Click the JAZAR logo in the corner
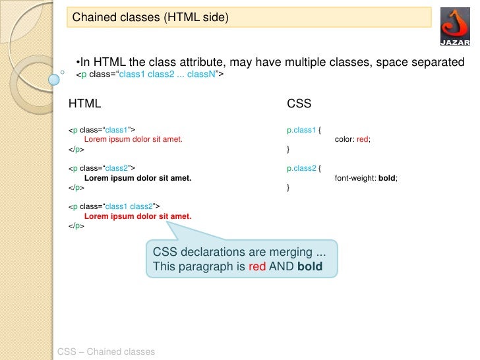[x=455, y=27]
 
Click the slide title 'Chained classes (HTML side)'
[x=150, y=18]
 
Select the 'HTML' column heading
[x=85, y=104]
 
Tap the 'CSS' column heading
[x=299, y=104]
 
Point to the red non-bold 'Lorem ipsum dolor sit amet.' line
[x=133, y=140]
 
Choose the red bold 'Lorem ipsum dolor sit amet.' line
[x=137, y=216]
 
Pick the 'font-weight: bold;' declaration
[x=366, y=178]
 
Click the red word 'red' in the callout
[x=257, y=267]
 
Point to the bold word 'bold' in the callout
[x=310, y=267]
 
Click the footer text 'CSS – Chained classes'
[x=106, y=351]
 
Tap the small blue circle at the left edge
[x=55, y=80]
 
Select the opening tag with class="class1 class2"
[x=114, y=206]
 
